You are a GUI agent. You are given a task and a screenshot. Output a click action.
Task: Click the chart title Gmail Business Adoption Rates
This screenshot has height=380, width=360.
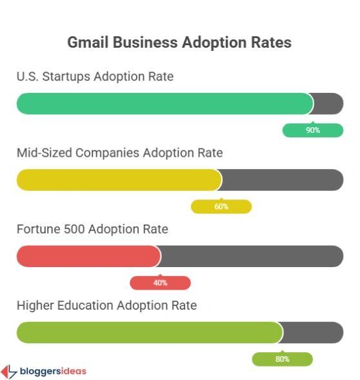point(179,43)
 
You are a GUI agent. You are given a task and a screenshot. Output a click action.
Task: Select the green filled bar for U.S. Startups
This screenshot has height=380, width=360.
point(165,103)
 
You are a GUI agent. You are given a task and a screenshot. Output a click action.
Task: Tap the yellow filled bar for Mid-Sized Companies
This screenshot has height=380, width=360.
point(119,180)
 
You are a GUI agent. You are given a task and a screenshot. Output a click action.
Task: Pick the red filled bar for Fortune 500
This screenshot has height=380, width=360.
point(88,256)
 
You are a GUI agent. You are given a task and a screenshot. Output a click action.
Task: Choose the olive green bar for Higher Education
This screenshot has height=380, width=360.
point(149,332)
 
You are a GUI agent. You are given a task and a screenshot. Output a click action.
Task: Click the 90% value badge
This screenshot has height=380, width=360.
point(313,130)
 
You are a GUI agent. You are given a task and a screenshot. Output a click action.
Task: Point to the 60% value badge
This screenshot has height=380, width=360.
point(221,206)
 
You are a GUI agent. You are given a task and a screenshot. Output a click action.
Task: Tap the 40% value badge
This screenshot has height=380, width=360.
point(160,283)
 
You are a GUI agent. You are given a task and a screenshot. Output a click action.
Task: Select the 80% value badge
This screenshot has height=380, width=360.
point(282,359)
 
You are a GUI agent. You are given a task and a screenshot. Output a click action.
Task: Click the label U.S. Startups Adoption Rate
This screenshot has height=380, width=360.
point(95,77)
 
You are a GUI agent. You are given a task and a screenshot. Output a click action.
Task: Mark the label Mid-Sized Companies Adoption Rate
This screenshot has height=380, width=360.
point(119,153)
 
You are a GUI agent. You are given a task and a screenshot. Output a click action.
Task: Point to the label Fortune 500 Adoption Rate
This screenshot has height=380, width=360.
point(92,229)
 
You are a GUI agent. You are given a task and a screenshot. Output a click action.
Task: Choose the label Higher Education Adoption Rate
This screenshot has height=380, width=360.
point(106,305)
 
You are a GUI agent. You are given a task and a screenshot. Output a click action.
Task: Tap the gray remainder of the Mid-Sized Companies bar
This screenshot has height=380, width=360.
point(283,180)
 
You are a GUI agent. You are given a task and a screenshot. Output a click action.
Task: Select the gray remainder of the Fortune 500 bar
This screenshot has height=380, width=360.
point(252,256)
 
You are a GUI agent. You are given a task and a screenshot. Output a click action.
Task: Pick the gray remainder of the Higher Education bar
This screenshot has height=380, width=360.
point(314,332)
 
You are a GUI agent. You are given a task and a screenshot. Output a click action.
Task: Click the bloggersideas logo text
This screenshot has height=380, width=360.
point(52,371)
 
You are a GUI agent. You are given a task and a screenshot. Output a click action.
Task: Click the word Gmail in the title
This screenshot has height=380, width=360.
point(87,43)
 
